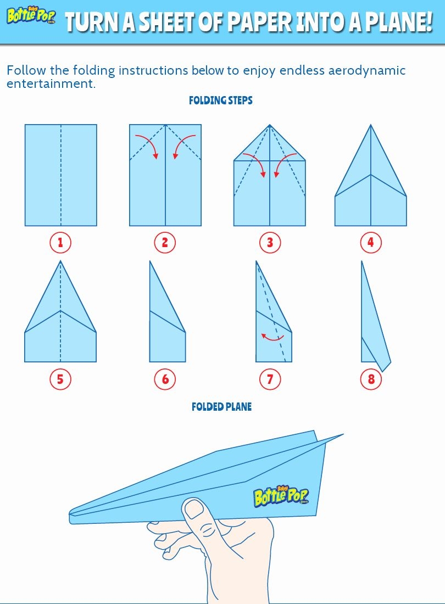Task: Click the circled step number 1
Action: pyautogui.click(x=60, y=242)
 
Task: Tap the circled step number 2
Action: pyautogui.click(x=165, y=242)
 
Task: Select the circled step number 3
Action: pyautogui.click(x=270, y=242)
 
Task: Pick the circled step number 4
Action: pyautogui.click(x=371, y=242)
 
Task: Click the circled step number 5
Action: pyautogui.click(x=60, y=378)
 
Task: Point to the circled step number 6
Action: pyautogui.click(x=165, y=378)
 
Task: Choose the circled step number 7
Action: pyautogui.click(x=270, y=378)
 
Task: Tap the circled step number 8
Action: pyautogui.click(x=371, y=378)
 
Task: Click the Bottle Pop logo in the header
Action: pyautogui.click(x=31, y=16)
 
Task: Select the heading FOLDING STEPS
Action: pyautogui.click(x=221, y=100)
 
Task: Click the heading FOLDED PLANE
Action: pyautogui.click(x=221, y=407)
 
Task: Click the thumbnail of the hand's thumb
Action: pyautogui.click(x=193, y=510)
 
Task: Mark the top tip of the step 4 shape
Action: pyautogui.click(x=371, y=126)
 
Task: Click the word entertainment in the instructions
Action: pyautogui.click(x=48, y=84)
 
